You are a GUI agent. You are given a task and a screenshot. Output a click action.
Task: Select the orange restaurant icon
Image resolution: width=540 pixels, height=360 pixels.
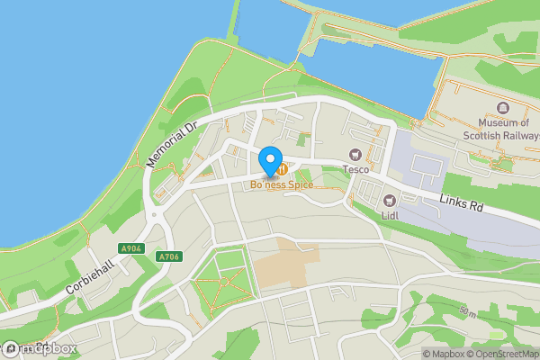tap(283, 168)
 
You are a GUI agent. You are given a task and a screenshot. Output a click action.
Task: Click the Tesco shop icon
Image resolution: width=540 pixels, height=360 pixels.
tap(355, 155)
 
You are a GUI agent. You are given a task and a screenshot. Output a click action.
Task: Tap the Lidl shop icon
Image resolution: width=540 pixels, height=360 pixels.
tap(389, 201)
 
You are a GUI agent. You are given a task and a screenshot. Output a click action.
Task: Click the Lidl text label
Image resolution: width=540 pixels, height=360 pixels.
tap(389, 216)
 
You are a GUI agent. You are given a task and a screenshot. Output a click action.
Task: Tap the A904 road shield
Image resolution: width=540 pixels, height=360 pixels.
tap(131, 248)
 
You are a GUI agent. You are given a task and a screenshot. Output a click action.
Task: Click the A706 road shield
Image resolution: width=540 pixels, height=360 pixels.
tap(168, 256)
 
